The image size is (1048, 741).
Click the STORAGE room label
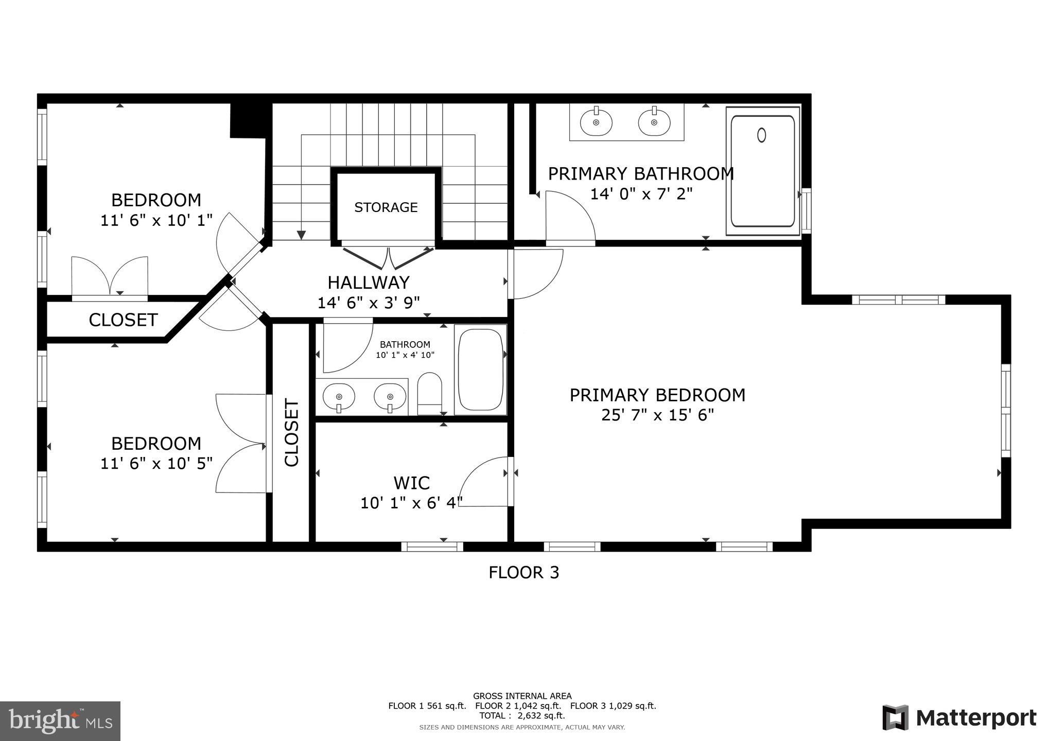pyautogui.click(x=386, y=207)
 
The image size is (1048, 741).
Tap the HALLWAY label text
pyautogui.click(x=369, y=283)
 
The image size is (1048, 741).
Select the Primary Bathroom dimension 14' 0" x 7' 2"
pyautogui.click(x=641, y=194)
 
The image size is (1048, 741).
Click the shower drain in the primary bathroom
pyautogui.click(x=761, y=135)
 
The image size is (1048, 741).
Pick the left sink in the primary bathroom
pyautogui.click(x=596, y=122)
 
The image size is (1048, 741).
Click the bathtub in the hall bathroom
pyautogui.click(x=480, y=369)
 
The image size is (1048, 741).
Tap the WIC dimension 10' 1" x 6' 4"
pyautogui.click(x=411, y=503)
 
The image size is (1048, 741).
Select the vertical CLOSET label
pyautogui.click(x=291, y=433)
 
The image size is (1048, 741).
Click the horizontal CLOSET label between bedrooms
pyautogui.click(x=123, y=320)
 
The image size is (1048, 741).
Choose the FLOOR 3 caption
pyautogui.click(x=523, y=572)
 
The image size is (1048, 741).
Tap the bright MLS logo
pyautogui.click(x=60, y=721)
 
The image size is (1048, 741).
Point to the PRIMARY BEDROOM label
pyautogui.click(x=657, y=395)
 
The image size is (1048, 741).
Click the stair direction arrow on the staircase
pyautogui.click(x=302, y=235)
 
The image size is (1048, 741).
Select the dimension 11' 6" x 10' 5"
pyautogui.click(x=156, y=464)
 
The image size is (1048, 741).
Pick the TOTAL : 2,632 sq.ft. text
pyautogui.click(x=522, y=715)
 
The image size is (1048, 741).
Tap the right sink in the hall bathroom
pyautogui.click(x=390, y=397)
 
